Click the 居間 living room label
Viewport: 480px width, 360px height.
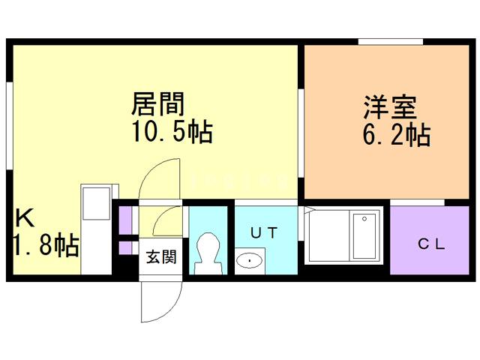pyautogui.click(x=158, y=103)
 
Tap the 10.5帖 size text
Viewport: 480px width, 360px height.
pyautogui.click(x=172, y=132)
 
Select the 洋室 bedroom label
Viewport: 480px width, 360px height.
pyautogui.click(x=390, y=107)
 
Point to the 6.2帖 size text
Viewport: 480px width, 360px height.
pyautogui.click(x=397, y=134)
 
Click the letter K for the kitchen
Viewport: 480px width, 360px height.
pyautogui.click(x=25, y=217)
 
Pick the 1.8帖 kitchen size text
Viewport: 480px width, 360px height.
pyautogui.click(x=46, y=245)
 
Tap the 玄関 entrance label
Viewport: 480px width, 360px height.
pyautogui.click(x=161, y=256)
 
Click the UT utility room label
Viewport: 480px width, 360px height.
pyautogui.click(x=264, y=233)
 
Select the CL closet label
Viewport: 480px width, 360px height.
pyautogui.click(x=431, y=244)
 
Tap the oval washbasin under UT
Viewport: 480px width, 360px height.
pyautogui.click(x=250, y=260)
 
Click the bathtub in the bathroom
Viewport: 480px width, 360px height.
pyautogui.click(x=364, y=235)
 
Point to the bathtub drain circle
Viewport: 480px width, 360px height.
pyautogui.click(x=364, y=219)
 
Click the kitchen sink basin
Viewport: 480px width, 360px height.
pyautogui.click(x=96, y=203)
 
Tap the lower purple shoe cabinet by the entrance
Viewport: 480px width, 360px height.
pyautogui.click(x=125, y=248)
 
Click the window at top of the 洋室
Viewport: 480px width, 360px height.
pyautogui.click(x=391, y=42)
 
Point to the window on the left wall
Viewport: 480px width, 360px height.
pyautogui.click(x=10, y=126)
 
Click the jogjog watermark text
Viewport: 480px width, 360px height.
pyautogui.click(x=239, y=181)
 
